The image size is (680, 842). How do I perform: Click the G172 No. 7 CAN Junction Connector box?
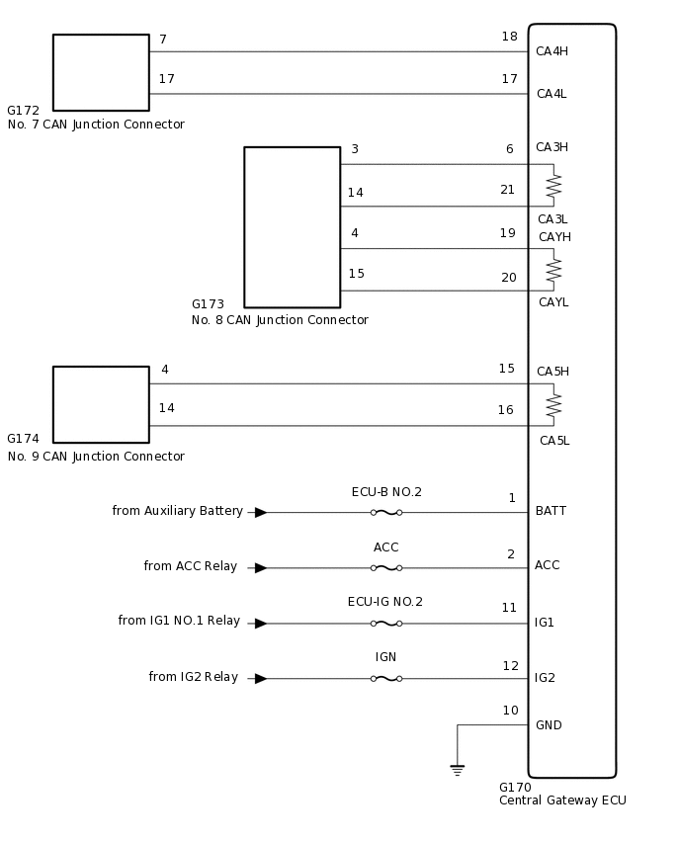[x=101, y=72]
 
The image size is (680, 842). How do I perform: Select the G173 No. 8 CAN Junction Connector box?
[x=292, y=227]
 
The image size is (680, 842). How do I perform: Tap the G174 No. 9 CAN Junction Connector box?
[x=101, y=404]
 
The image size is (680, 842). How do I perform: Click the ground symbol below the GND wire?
[x=457, y=769]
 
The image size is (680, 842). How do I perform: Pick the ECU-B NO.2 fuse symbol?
[x=385, y=512]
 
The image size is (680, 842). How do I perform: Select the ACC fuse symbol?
[x=385, y=567]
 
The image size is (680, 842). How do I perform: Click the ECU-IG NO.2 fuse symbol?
[x=385, y=623]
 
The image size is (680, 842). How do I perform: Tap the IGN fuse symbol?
[x=385, y=678]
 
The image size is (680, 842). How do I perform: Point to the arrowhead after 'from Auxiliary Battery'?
[x=260, y=512]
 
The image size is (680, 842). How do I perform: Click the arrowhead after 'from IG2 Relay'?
[x=260, y=678]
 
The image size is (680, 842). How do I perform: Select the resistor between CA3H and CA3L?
[x=553, y=186]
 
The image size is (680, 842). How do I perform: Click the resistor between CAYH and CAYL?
[x=553, y=269]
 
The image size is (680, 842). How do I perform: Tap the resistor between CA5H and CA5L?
[x=553, y=405]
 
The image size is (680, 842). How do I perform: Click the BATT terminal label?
[x=551, y=511]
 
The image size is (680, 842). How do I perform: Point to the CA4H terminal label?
[x=552, y=51]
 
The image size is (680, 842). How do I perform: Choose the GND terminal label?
[x=549, y=725]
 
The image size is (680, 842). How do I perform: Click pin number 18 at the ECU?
[x=509, y=37]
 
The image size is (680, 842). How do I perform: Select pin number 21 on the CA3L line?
[x=507, y=190]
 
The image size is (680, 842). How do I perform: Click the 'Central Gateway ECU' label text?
[x=562, y=800]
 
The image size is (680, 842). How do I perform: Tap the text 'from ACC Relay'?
[x=191, y=566]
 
